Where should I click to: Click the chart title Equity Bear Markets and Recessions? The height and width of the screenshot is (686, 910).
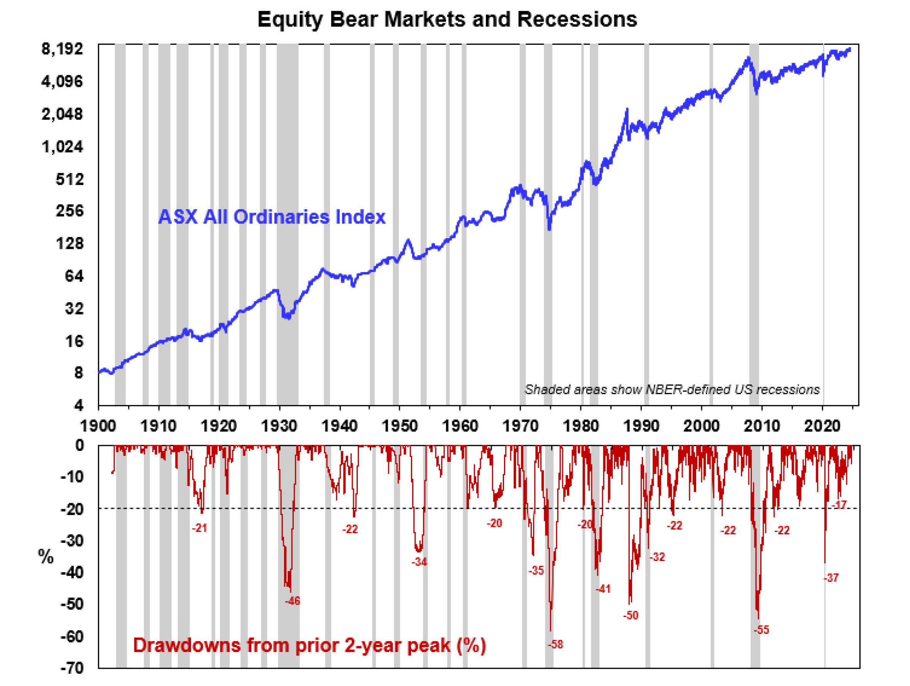tap(447, 19)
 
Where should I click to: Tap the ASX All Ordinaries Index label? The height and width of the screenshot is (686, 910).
tap(272, 217)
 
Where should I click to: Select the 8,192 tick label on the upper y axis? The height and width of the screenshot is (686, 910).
tap(62, 49)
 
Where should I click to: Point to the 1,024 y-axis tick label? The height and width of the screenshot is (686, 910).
tap(62, 146)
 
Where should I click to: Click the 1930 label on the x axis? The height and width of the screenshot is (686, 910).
tap(279, 426)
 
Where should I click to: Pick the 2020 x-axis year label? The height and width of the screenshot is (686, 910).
tap(822, 426)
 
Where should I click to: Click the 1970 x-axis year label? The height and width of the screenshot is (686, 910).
tap(520, 426)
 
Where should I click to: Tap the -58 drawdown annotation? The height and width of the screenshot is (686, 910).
tap(555, 644)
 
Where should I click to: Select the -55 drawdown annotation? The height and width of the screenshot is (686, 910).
tap(761, 630)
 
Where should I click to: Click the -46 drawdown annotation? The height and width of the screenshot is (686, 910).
tap(293, 601)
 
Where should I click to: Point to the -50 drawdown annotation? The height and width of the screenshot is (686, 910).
tap(630, 615)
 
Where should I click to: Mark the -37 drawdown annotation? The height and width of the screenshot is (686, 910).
tap(831, 578)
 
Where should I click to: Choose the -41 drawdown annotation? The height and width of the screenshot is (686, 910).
tap(603, 589)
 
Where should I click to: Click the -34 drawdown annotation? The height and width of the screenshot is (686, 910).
tap(419, 562)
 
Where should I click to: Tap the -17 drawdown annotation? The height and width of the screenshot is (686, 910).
tap(839, 505)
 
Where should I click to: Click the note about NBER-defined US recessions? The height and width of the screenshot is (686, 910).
tap(672, 389)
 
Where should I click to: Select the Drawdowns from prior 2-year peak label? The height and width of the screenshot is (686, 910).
tap(310, 645)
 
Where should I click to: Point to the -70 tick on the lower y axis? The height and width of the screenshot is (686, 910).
tap(72, 667)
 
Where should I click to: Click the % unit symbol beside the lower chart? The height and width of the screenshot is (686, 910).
tap(46, 556)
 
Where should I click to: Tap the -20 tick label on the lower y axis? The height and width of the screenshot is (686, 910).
tap(72, 509)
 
